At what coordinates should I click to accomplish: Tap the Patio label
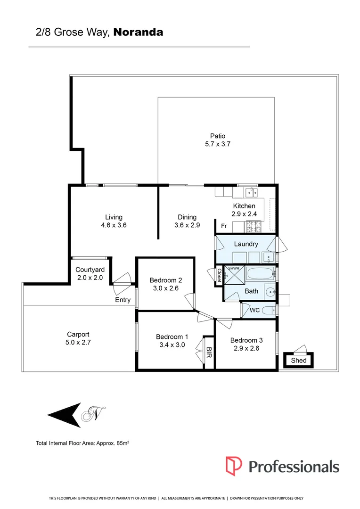click(x=218, y=136)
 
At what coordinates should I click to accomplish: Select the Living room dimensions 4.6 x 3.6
click(x=114, y=225)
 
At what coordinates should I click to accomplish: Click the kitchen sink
click(x=251, y=192)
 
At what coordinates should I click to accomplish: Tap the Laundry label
click(x=245, y=244)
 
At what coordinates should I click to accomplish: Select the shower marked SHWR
click(x=233, y=274)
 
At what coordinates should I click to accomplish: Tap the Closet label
click(x=219, y=276)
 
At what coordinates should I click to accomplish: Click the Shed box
click(x=299, y=361)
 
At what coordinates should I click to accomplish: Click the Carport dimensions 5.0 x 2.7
click(x=78, y=343)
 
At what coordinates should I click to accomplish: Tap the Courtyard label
click(x=90, y=270)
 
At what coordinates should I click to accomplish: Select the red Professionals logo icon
click(x=234, y=466)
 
